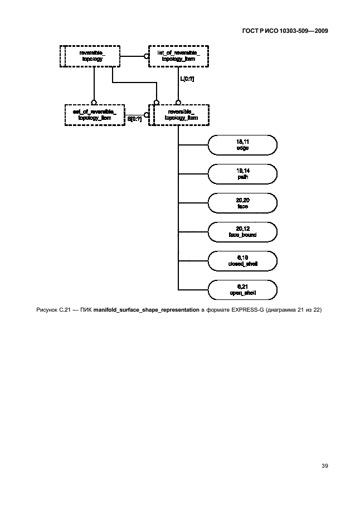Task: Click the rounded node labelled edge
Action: click(242, 145)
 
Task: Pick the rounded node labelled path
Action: click(242, 174)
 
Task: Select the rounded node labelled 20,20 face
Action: click(242, 203)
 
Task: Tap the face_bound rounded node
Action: click(242, 232)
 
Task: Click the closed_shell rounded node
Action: click(242, 261)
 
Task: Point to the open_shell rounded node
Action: click(242, 290)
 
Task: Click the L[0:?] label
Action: click(187, 79)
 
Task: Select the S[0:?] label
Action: click(135, 119)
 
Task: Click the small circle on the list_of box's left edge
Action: click(147, 55)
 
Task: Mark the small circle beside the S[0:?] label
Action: click(147, 114)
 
